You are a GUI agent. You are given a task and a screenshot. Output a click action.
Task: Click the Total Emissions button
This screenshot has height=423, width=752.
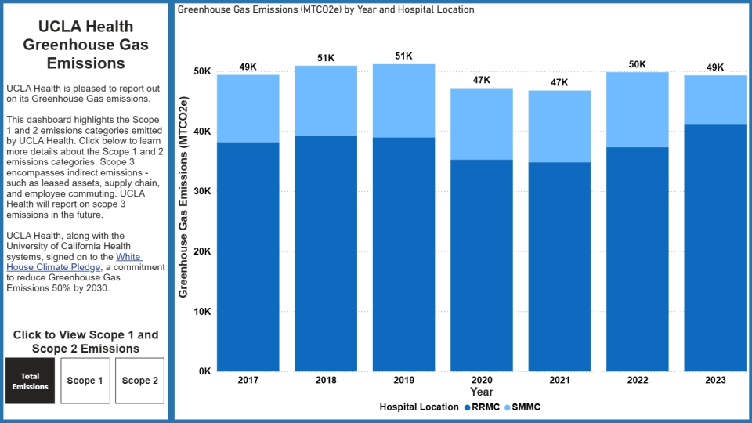click(x=30, y=381)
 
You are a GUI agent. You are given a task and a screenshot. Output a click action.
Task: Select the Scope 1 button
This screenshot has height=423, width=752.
click(x=85, y=381)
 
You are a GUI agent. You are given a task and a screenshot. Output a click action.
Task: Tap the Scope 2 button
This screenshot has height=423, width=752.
click(x=139, y=381)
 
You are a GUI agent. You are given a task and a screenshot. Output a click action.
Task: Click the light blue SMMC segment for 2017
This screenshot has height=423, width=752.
click(x=248, y=108)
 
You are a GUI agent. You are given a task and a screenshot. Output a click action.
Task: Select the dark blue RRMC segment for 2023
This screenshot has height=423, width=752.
click(x=715, y=247)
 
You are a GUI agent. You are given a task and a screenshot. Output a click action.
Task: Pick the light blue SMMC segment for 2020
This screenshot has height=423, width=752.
click(x=481, y=124)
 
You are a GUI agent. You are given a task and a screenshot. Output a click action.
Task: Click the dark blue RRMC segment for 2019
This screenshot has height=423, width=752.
click(x=403, y=254)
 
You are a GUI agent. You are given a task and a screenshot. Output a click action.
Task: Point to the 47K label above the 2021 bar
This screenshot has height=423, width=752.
click(x=559, y=82)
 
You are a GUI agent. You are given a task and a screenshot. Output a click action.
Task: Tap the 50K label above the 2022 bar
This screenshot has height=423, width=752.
click(x=637, y=64)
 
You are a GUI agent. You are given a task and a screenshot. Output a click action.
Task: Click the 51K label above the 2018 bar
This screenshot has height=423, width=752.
click(x=326, y=58)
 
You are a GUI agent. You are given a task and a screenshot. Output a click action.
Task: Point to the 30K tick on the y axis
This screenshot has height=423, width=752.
click(x=202, y=191)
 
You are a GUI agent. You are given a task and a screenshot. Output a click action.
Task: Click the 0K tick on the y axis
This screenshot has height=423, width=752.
click(x=204, y=371)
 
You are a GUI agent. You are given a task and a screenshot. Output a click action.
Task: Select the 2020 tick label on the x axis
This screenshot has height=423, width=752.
click(x=481, y=380)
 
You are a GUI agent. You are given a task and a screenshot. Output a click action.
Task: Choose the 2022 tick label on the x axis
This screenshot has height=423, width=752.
click(x=637, y=380)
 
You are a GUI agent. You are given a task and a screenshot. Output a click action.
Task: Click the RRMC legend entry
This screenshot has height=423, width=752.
click(x=481, y=407)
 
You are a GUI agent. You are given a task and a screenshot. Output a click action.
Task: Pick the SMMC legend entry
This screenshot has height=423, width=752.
click(x=523, y=407)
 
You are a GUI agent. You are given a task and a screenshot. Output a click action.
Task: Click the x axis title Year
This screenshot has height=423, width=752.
click(x=481, y=392)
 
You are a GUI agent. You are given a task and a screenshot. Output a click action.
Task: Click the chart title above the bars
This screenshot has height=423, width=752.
click(x=325, y=10)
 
